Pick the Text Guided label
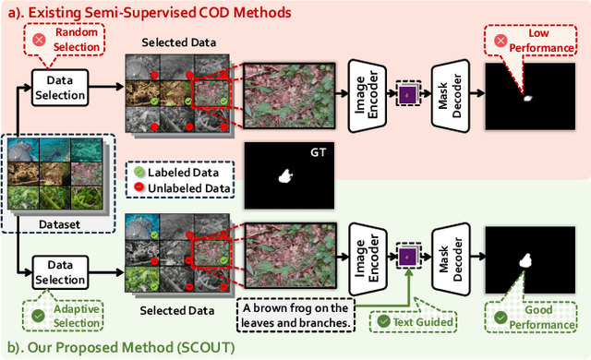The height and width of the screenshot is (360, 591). (x=413, y=322)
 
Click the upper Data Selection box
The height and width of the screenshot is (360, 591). (x=60, y=89)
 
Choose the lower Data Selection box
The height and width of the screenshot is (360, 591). (x=60, y=271)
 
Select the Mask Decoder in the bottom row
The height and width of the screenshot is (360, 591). (x=452, y=255)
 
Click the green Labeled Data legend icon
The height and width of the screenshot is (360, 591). (x=140, y=172)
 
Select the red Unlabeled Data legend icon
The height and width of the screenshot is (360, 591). (x=140, y=189)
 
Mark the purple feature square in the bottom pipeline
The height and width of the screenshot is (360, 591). (x=407, y=256)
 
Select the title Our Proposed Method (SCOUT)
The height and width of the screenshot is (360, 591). (x=126, y=348)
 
